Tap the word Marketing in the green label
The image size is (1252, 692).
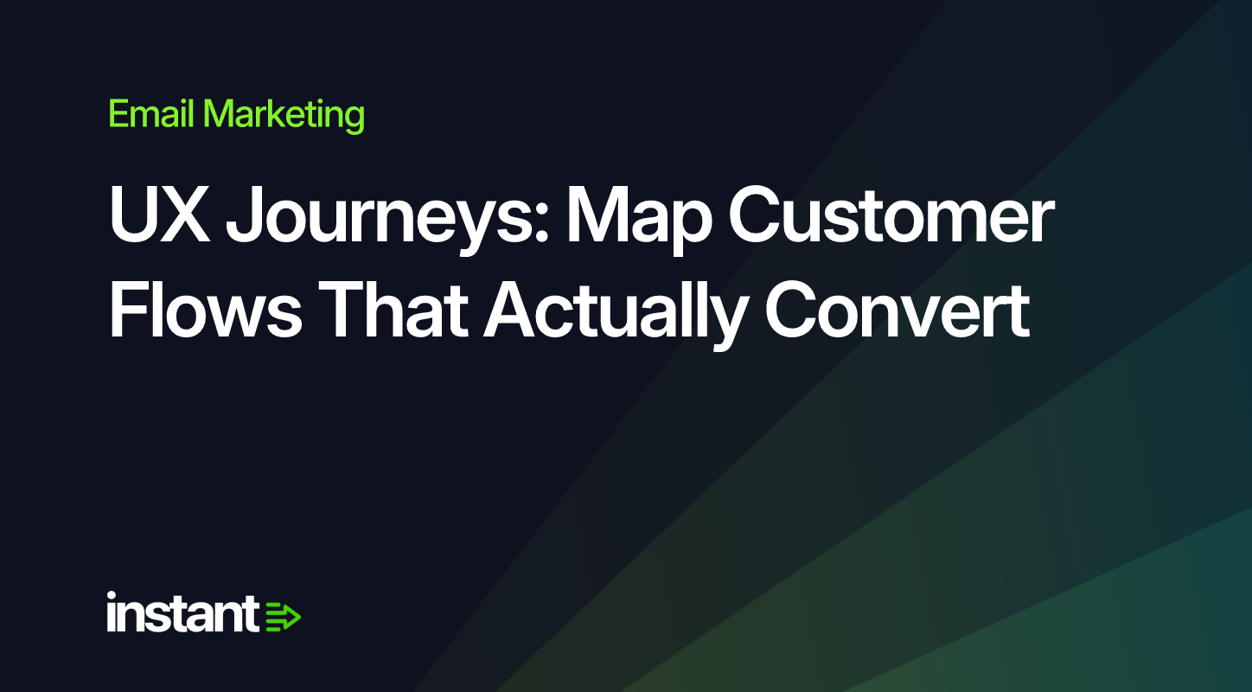pos(284,116)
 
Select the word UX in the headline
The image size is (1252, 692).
pos(160,215)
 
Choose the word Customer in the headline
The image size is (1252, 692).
pos(891,215)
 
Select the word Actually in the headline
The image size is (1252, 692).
pos(615,313)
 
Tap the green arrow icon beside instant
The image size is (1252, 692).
pos(283,617)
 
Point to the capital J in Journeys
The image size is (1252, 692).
pos(244,215)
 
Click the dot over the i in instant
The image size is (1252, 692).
pos(112,596)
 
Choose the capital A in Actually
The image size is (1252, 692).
pos(510,308)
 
